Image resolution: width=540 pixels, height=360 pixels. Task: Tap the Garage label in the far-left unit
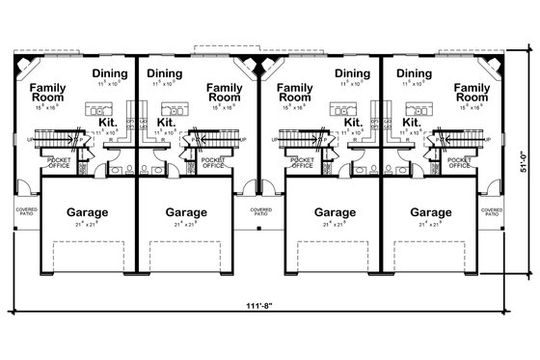[87, 212]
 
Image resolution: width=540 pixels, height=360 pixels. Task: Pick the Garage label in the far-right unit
[430, 212]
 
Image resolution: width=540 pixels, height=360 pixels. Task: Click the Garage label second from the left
[186, 212]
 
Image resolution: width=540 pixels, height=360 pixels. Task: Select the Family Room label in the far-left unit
[48, 92]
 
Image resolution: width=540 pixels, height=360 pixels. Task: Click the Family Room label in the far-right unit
[472, 92]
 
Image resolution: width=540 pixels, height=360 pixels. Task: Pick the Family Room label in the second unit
[225, 92]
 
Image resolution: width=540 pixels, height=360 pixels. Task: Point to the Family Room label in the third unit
[295, 92]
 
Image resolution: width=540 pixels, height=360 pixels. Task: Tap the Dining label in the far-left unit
[111, 72]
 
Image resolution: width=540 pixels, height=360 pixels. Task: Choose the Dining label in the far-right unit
[413, 72]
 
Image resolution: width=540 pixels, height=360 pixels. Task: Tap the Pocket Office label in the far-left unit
[59, 162]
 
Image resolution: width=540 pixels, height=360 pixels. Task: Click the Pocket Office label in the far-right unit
[460, 162]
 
